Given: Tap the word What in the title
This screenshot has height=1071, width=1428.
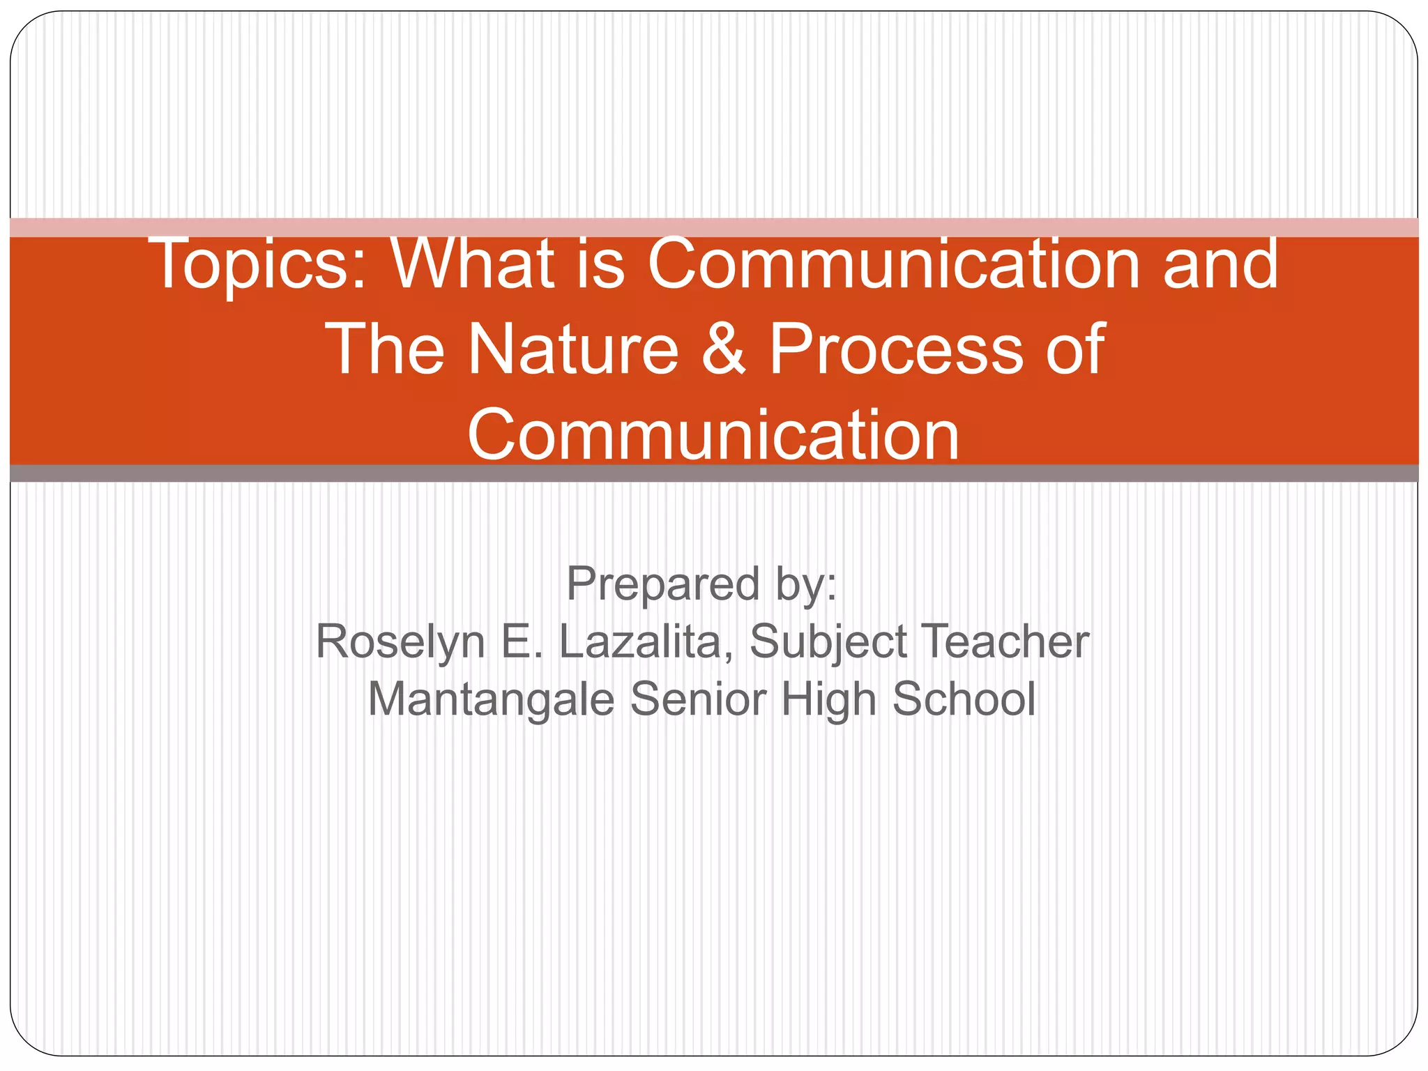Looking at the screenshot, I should pyautogui.click(x=473, y=264).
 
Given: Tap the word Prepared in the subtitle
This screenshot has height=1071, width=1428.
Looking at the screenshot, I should pyautogui.click(x=662, y=584).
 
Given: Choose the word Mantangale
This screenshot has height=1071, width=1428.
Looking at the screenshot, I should pyautogui.click(x=491, y=699).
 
